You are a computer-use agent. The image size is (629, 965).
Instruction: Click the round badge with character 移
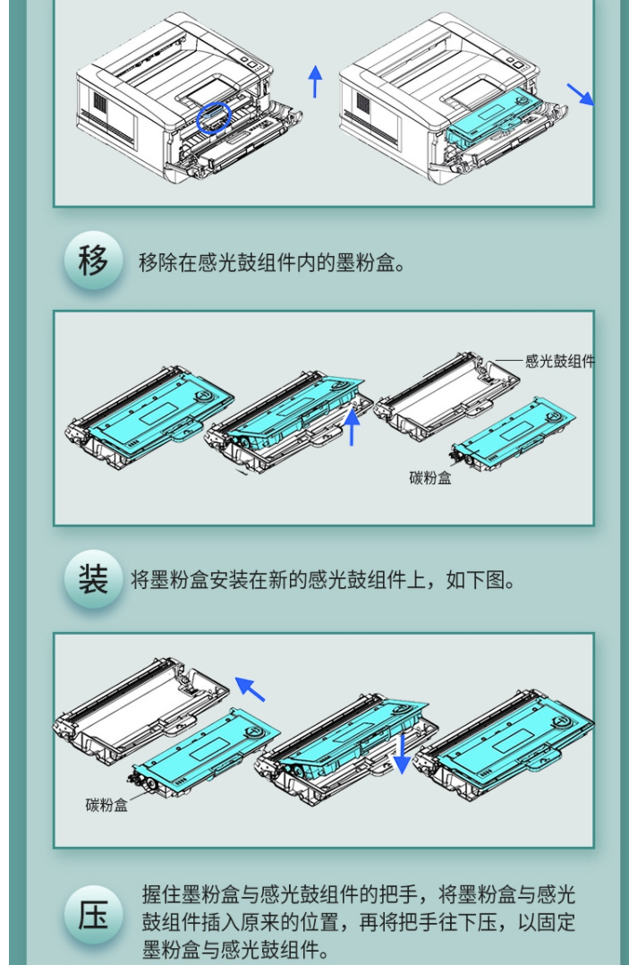(x=93, y=261)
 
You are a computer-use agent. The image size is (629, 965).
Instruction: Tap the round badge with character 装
(x=93, y=580)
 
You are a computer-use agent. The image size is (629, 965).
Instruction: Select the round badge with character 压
(x=93, y=915)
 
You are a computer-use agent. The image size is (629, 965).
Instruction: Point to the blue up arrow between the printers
(x=315, y=81)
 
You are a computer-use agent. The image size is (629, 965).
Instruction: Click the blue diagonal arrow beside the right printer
(x=581, y=94)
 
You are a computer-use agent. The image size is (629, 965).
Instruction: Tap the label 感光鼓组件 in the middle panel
(x=559, y=362)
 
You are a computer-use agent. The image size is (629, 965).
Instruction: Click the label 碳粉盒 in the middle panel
(x=430, y=478)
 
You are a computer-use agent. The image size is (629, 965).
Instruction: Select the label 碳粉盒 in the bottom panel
(x=106, y=805)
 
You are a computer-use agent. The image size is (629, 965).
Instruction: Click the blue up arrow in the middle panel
(x=351, y=426)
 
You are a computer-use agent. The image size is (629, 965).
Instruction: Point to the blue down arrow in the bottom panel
(x=402, y=754)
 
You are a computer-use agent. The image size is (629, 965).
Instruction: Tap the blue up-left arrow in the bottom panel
(x=250, y=688)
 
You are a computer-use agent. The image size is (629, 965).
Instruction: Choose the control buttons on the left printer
(x=251, y=63)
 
